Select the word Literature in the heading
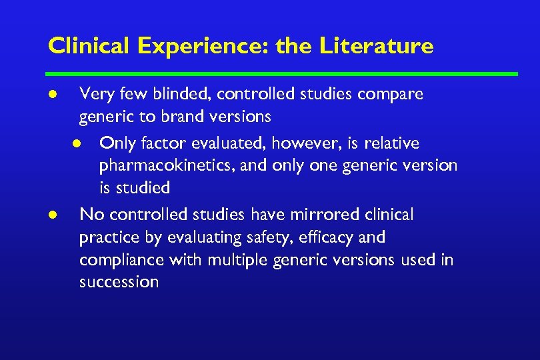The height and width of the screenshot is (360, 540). pyautogui.click(x=377, y=46)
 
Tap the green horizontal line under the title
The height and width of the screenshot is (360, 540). pyautogui.click(x=281, y=74)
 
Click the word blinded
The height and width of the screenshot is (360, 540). pyautogui.click(x=167, y=94)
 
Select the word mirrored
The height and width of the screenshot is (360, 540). pyautogui.click(x=321, y=215)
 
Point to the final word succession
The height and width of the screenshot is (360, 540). pyautogui.click(x=119, y=282)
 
